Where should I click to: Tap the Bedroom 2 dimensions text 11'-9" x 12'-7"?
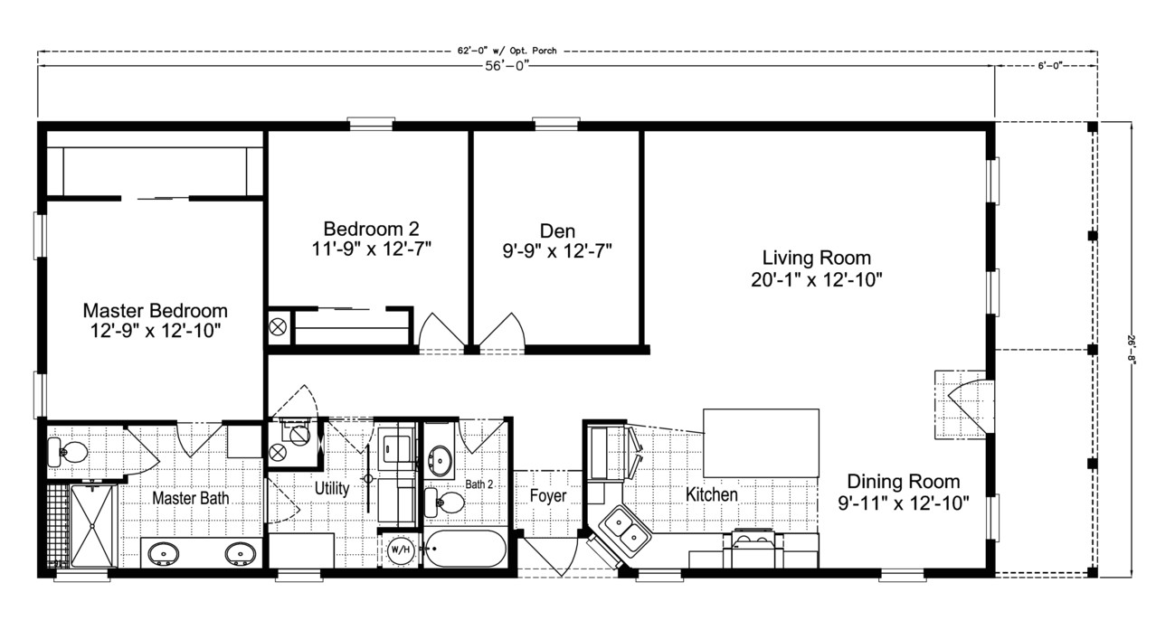click(x=371, y=249)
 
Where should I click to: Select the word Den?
click(x=557, y=230)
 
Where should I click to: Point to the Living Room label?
click(x=816, y=258)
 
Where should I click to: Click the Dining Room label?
click(x=903, y=482)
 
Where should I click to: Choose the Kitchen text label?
click(x=711, y=494)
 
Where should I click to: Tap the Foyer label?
click(x=548, y=496)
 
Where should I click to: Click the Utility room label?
click(x=332, y=488)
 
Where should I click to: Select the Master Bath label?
click(x=189, y=498)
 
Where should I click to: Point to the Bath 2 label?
click(x=480, y=484)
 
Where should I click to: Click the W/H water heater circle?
click(x=400, y=549)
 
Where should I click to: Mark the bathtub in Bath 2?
click(x=466, y=548)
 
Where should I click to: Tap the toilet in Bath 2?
click(x=445, y=502)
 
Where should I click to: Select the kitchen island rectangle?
click(x=761, y=442)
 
